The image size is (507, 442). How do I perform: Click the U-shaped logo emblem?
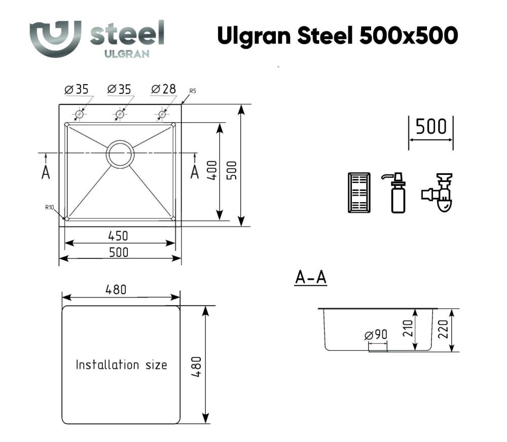pos(54,39)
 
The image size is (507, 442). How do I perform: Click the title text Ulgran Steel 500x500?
pos(337,36)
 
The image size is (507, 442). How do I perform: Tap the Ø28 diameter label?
pos(163,89)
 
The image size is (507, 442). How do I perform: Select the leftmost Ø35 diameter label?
pos(77,89)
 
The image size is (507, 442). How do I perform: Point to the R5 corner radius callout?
pos(192,91)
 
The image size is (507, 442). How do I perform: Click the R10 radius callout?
pos(50,207)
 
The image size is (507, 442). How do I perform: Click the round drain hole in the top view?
pos(120,154)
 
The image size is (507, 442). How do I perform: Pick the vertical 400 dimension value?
pos(212,170)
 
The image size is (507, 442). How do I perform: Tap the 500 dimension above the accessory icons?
pos(430,126)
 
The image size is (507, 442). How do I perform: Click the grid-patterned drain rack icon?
pos(359,193)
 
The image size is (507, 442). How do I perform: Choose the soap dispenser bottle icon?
pos(396,193)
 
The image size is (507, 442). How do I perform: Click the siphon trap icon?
pos(438,193)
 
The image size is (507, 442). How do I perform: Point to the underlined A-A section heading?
pos(310,278)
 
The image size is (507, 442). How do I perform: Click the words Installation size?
pos(121,364)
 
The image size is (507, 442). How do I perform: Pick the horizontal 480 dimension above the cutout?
pos(115,290)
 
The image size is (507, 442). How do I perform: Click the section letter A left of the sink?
pos(46,172)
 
